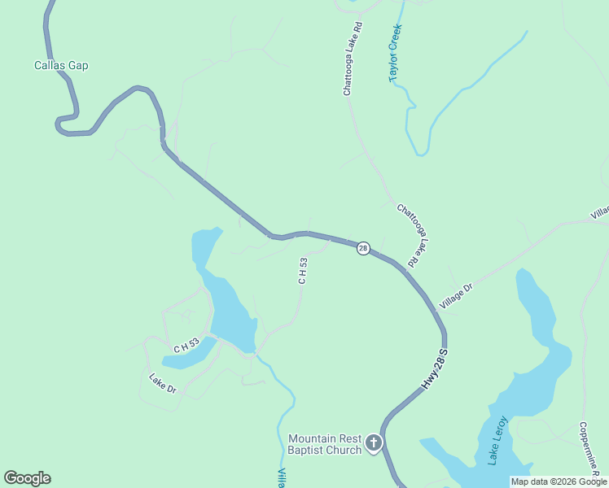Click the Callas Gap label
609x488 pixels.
(x=61, y=65)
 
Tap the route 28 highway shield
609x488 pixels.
(x=363, y=248)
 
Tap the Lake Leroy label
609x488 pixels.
(x=497, y=441)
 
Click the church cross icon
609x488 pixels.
(x=374, y=443)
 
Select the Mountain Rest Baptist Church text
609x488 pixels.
(x=325, y=444)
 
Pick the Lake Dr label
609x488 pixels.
(x=163, y=382)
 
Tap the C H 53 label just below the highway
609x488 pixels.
(x=303, y=271)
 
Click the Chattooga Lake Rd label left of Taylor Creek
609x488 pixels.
(x=352, y=59)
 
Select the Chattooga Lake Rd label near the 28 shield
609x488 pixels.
(x=412, y=235)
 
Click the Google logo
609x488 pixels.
(x=27, y=478)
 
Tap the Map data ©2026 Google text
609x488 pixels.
(x=559, y=481)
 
